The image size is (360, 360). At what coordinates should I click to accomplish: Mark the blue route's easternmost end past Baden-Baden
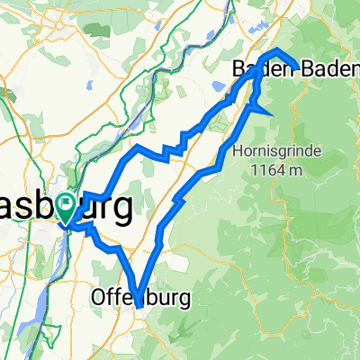point(296,65)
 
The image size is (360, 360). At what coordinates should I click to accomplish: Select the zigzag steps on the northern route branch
point(175,147)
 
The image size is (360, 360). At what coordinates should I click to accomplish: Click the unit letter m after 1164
point(286,168)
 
